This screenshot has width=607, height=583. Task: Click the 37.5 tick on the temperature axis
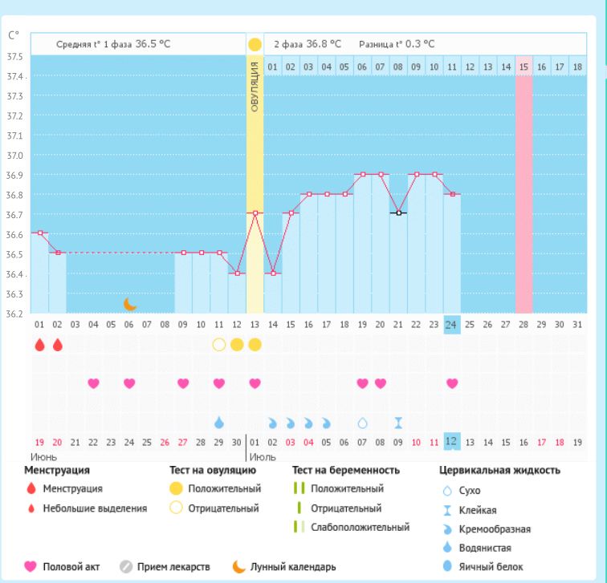point(14,57)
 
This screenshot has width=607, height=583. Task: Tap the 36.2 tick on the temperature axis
point(14,314)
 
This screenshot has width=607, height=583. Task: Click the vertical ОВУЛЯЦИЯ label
point(255,86)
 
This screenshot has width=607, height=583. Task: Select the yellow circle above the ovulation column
point(255,44)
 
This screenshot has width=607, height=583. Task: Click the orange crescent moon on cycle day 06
point(130,304)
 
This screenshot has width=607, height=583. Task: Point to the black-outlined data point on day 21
point(398,213)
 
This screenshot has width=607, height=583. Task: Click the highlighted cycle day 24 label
point(451,325)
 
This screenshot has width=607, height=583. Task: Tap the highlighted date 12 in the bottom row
point(451,441)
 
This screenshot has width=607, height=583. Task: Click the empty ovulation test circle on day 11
point(218,345)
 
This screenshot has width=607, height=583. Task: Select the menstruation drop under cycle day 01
point(39,345)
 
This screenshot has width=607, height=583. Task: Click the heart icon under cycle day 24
point(452,383)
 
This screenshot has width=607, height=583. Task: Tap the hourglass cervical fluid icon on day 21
point(398,423)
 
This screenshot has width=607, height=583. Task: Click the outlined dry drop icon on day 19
point(362,423)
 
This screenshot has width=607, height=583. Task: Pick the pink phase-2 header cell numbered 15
point(523,67)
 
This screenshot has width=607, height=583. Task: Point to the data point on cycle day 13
point(255,213)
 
